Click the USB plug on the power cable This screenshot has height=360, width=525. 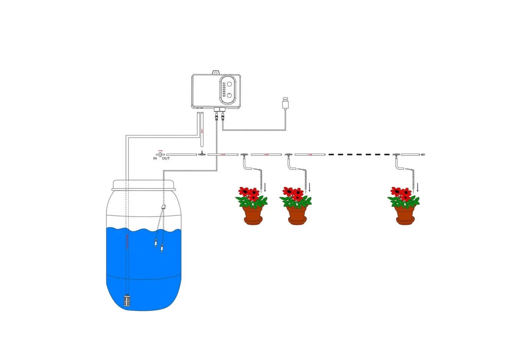tap(285, 103)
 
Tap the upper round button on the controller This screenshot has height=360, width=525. tap(229, 84)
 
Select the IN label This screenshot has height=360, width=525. tap(155, 158)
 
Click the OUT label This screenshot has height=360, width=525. tap(166, 158)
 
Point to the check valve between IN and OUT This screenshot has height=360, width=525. tap(160, 154)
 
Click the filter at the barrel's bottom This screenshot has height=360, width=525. tap(127, 300)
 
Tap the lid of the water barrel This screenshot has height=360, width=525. tap(144, 185)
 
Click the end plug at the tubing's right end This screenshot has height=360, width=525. tap(423, 154)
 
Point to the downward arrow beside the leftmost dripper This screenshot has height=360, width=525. tap(265, 187)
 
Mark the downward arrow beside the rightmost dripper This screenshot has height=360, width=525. tap(417, 187)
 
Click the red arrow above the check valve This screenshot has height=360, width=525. tap(160, 150)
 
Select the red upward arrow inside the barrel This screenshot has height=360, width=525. tap(127, 241)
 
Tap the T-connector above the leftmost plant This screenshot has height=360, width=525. tap(244, 154)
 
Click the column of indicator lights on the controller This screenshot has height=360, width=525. tap(224, 89)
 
